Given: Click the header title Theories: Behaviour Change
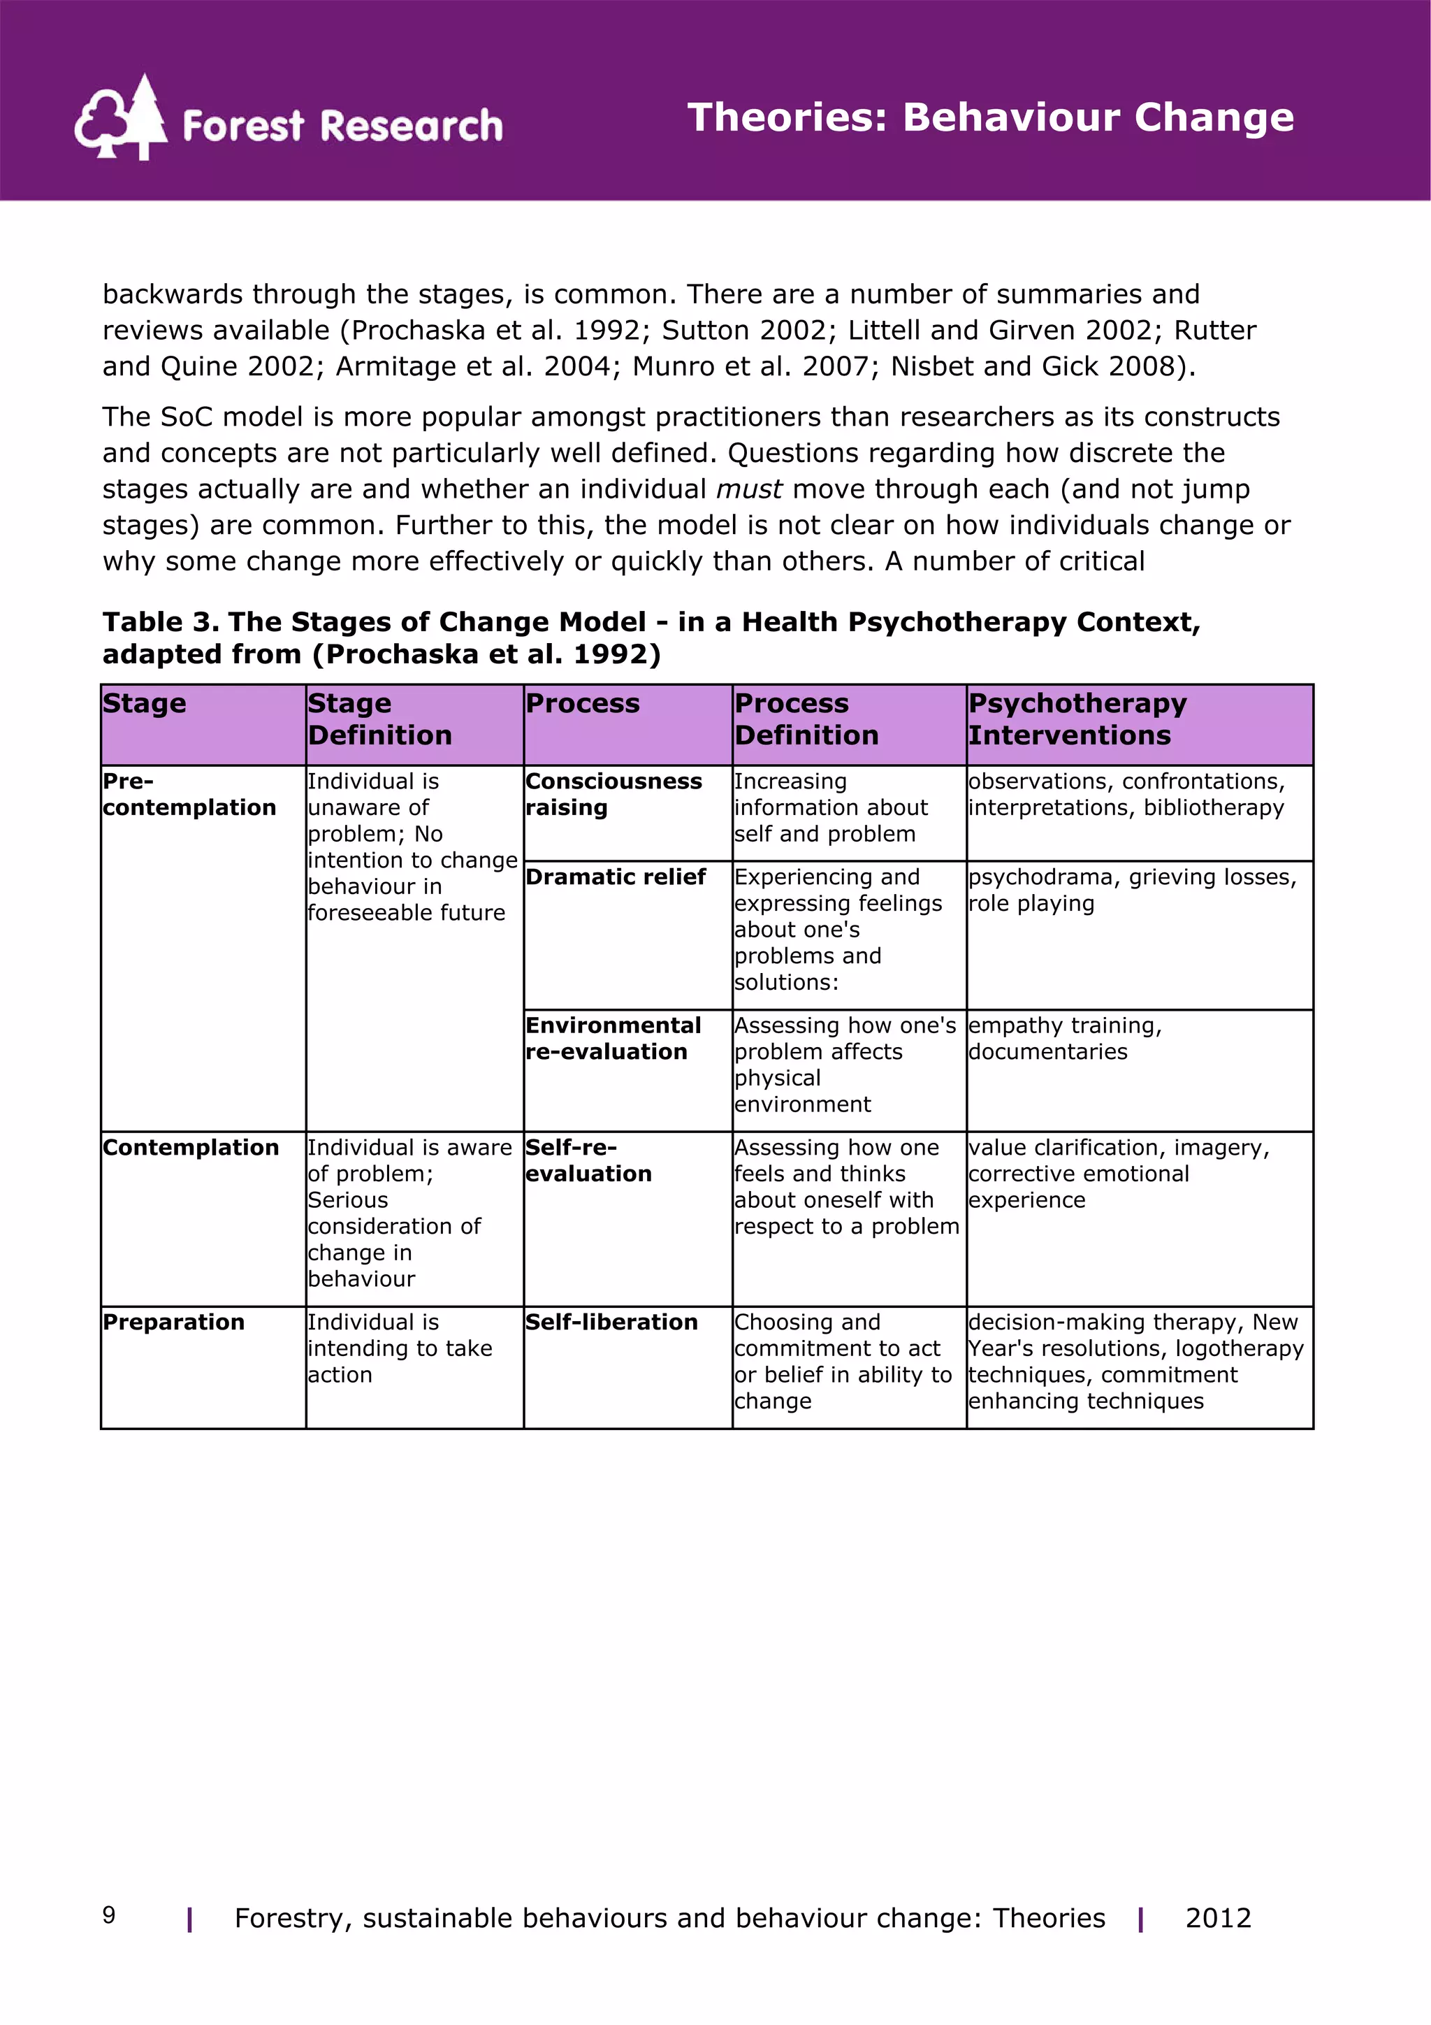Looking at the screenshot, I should (x=990, y=117).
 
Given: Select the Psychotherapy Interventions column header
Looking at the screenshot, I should (x=1077, y=719).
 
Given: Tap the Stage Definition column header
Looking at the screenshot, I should (x=379, y=719).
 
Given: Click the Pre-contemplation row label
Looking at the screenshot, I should (x=189, y=795).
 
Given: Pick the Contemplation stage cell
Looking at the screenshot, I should (x=191, y=1148).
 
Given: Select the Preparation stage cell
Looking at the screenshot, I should (x=174, y=1322).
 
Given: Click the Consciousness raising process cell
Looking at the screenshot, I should (x=613, y=795).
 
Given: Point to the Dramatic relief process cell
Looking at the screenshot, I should (x=616, y=877).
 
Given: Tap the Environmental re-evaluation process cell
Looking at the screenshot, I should (x=613, y=1039).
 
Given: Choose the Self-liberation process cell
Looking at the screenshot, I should (x=611, y=1322).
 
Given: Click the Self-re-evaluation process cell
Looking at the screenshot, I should (x=588, y=1160).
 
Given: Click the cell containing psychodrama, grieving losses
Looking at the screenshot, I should (x=1132, y=891).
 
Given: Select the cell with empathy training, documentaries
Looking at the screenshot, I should (x=1065, y=1039).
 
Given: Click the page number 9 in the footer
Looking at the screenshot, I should (x=108, y=1916).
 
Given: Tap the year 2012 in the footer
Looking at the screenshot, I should (x=1218, y=1918).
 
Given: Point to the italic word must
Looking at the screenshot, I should (x=748, y=489).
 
